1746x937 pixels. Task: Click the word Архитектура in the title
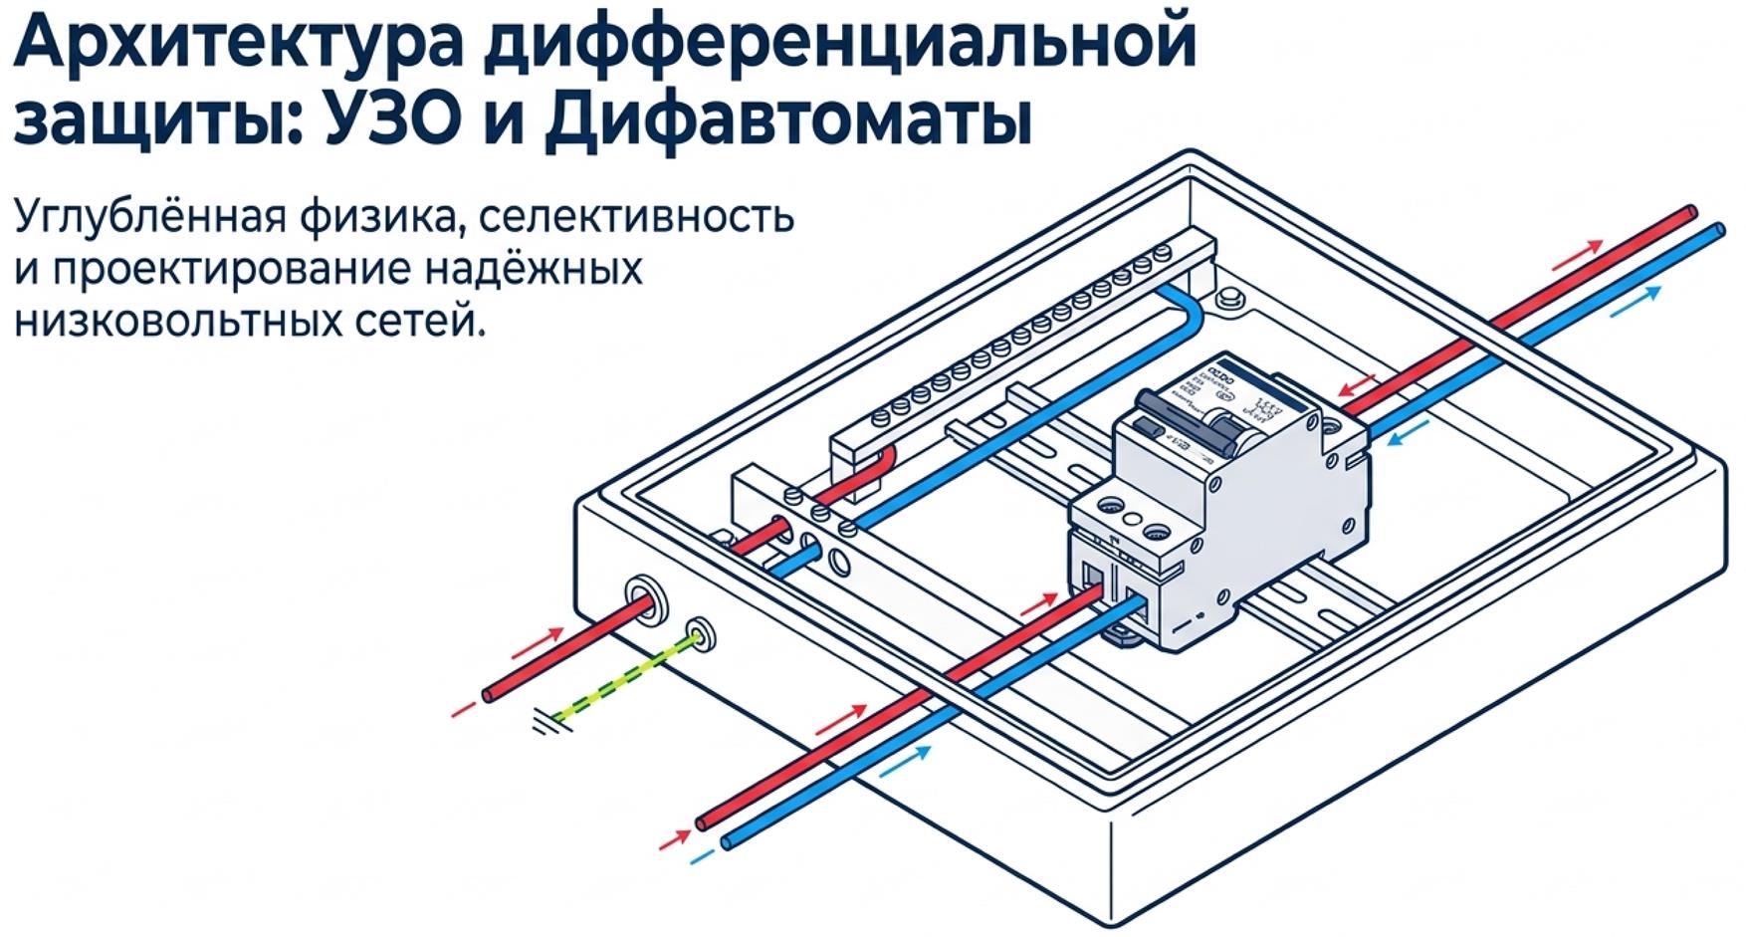(x=238, y=46)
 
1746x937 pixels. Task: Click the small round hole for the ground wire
(x=701, y=633)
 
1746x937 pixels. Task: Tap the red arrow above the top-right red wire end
(x=1578, y=255)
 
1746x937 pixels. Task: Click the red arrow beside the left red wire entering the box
(x=538, y=643)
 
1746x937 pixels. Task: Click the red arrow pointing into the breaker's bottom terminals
(x=1038, y=603)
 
